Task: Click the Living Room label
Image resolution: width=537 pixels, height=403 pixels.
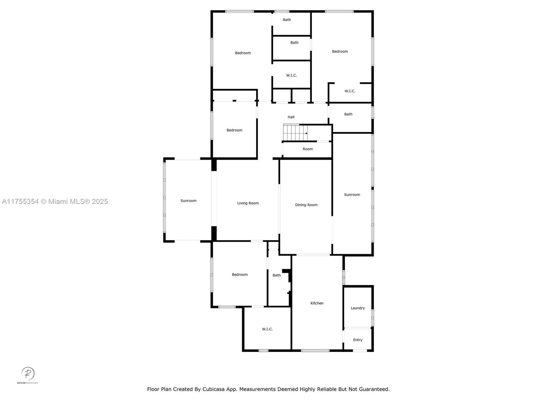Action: click(x=248, y=203)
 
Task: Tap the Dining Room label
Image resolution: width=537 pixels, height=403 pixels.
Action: click(x=306, y=205)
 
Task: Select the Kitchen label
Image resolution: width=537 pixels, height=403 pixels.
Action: click(x=317, y=303)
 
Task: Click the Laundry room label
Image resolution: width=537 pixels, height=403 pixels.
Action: click(x=357, y=308)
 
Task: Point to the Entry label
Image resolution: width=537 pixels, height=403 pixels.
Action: click(x=357, y=340)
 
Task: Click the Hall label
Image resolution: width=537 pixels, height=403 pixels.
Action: click(x=291, y=117)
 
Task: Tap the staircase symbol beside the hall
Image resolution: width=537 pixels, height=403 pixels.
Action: click(x=295, y=133)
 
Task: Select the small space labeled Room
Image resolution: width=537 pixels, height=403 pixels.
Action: click(x=307, y=149)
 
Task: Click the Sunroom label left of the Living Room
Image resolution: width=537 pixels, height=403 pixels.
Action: click(x=188, y=201)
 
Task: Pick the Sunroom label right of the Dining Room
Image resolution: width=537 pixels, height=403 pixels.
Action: click(x=352, y=195)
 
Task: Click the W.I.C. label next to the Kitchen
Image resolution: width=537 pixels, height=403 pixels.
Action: click(x=267, y=329)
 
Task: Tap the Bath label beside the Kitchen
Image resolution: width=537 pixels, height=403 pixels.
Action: click(x=277, y=275)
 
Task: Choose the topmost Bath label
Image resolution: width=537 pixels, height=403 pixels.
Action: click(x=287, y=20)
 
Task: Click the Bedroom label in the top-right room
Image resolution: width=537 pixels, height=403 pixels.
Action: click(x=340, y=51)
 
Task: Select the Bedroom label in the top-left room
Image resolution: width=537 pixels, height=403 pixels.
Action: click(x=243, y=53)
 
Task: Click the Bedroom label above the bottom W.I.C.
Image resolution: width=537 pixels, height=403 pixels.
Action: click(x=240, y=275)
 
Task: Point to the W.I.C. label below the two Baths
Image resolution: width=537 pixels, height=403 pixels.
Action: click(x=291, y=76)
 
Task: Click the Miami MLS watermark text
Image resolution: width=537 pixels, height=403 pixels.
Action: click(x=55, y=201)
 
